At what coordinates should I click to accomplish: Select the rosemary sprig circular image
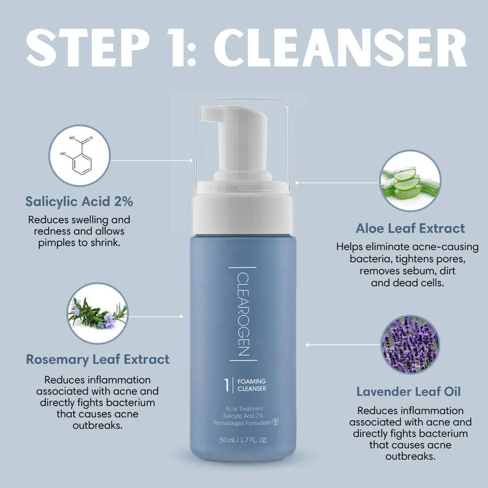(98, 313)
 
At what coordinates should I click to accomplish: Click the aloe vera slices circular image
(410, 180)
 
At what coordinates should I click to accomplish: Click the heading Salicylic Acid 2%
(79, 201)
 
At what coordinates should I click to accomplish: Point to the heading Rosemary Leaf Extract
(98, 359)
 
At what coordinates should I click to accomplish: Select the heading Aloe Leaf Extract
(410, 228)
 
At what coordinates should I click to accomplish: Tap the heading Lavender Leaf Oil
(409, 391)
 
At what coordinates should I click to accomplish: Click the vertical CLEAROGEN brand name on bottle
(243, 313)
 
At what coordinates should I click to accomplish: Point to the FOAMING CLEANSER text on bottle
(252, 385)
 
